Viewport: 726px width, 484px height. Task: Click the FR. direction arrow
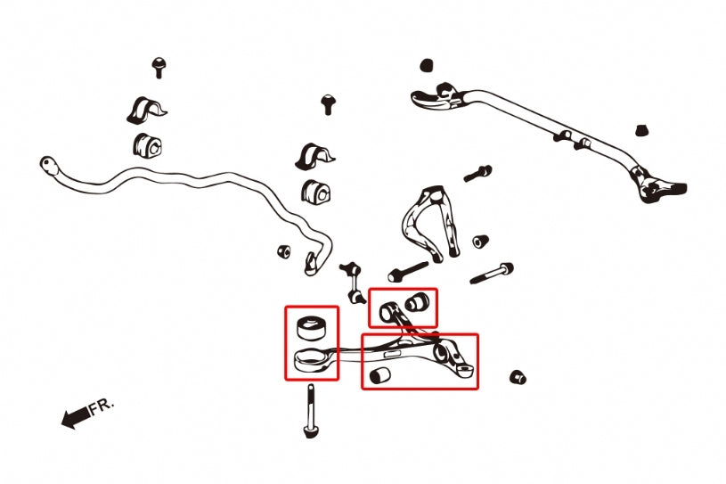75,417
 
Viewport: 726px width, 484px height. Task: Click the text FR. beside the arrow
101,406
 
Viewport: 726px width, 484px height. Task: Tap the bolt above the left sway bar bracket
159,68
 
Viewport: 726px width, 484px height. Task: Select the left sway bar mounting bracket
146,111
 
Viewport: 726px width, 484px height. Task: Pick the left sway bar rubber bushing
148,144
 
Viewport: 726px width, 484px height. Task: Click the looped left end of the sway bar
49,166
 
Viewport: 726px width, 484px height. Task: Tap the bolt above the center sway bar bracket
329,104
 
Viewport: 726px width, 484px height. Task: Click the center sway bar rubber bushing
315,192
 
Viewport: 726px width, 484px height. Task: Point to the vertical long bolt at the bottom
311,410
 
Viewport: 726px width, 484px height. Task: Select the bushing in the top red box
417,301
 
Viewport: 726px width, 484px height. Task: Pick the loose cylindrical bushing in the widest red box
380,374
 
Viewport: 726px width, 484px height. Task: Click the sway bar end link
353,282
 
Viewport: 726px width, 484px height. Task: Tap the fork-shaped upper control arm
430,222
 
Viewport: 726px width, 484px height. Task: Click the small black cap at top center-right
427,65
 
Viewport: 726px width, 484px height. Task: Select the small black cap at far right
641,130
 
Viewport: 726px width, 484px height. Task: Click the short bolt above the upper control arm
477,173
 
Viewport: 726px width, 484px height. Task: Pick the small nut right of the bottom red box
518,377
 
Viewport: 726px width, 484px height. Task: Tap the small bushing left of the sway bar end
284,251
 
